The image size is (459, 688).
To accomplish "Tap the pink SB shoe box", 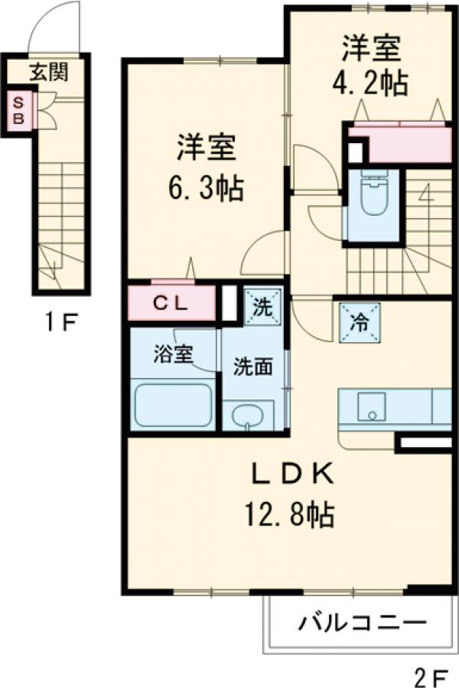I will click(21, 110).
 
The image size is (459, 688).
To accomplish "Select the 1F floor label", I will click(60, 322).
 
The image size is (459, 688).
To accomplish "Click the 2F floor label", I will click(430, 675).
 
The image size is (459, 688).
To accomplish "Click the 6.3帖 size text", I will click(206, 186).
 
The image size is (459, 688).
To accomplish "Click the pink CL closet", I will click(171, 303).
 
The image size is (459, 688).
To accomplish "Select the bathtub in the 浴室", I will click(173, 405).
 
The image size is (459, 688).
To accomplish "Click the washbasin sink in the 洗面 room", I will click(247, 417).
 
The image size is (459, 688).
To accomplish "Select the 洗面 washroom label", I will click(253, 366).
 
